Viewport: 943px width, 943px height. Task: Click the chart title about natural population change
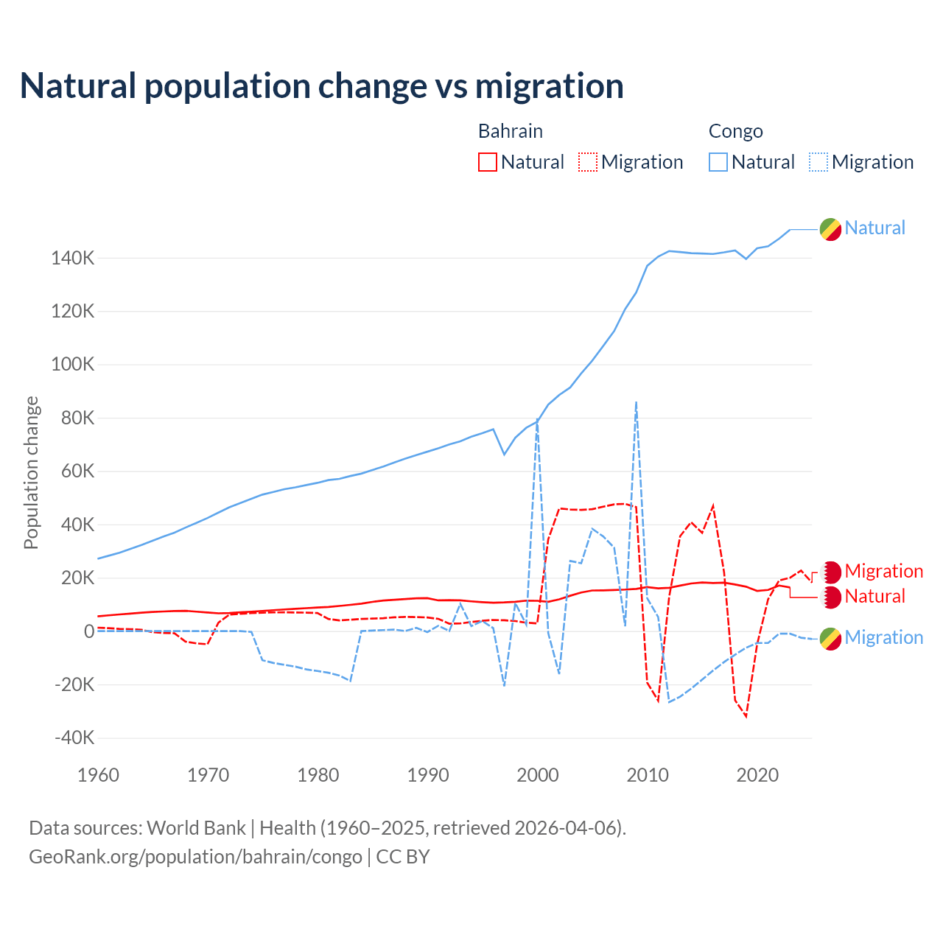pos(322,86)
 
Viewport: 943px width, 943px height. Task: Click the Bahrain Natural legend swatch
pos(487,162)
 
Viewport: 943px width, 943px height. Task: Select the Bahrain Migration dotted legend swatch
pos(588,162)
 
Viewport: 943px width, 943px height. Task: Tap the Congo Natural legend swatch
pos(718,162)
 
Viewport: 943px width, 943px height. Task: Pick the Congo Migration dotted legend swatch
pos(818,162)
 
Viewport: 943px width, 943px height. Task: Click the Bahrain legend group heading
pos(511,131)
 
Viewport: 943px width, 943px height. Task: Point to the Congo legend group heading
pos(735,131)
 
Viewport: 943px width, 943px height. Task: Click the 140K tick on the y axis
pos(73,259)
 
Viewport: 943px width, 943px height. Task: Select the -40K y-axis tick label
pos(74,738)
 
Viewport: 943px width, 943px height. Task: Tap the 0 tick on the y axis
pos(89,631)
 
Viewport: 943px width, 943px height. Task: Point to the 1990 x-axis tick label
pos(428,775)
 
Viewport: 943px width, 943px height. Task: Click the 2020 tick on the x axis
pos(757,775)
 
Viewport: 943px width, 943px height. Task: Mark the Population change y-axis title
pos(31,472)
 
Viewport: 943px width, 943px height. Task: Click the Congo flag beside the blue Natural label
pos(830,229)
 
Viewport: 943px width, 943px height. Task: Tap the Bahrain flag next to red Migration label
pos(830,572)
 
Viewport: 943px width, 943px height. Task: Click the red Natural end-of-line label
pos(874,596)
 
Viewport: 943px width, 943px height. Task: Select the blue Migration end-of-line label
pos(883,637)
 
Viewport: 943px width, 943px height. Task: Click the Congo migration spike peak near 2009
pos(636,402)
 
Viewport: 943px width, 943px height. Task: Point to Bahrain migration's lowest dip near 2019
pos(746,716)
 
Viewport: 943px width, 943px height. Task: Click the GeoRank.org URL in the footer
pos(195,857)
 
